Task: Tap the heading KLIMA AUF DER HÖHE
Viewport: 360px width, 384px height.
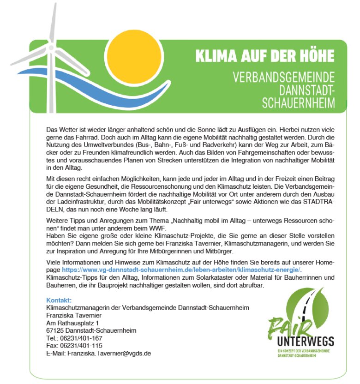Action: coord(264,56)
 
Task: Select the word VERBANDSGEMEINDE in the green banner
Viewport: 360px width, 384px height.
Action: coord(284,77)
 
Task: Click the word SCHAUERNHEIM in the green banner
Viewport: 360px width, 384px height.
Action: coord(299,102)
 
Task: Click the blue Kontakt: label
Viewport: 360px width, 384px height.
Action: coord(59,300)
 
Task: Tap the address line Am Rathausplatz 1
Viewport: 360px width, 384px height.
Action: coord(72,324)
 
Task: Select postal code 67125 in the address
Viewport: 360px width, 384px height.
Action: coord(55,331)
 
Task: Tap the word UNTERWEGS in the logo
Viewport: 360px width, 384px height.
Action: coord(306,342)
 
